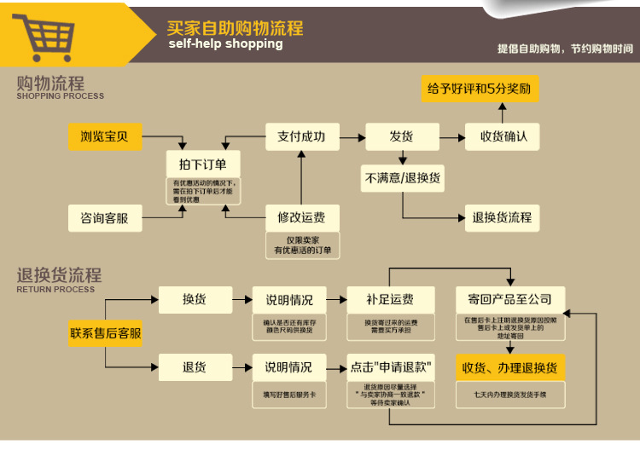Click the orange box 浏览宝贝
point(105,136)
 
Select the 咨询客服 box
point(105,218)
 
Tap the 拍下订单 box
point(203,164)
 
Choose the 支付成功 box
point(301,136)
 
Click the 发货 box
point(401,136)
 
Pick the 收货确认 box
point(503,136)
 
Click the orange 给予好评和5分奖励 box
point(480,89)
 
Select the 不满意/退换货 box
point(403,178)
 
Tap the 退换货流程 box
point(502,217)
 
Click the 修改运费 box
point(301,217)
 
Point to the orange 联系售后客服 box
point(106,333)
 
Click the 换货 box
point(195,299)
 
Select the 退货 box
point(195,367)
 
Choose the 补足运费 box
point(390,299)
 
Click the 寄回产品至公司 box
point(509,299)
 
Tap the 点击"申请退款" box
point(391,367)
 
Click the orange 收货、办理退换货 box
point(509,367)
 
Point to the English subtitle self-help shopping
point(225,44)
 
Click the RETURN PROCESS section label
point(55,290)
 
